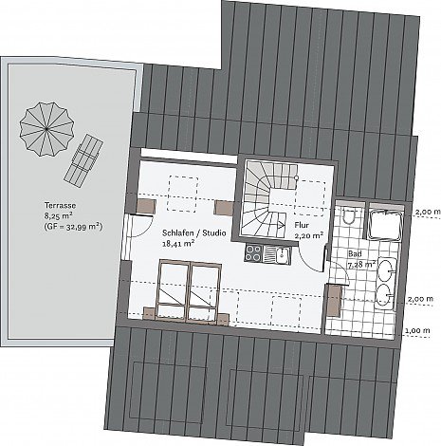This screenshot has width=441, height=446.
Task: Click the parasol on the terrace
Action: pos(46,129)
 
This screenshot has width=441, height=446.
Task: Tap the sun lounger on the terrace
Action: pos(83,160)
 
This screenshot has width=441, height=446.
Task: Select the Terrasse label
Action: pos(60,205)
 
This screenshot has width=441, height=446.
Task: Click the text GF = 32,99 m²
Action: pos(73,227)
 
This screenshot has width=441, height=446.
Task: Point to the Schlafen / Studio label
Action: pos(194,233)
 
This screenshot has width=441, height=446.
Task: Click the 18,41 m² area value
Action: pos(178,244)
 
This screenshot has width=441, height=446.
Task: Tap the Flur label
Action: pos(302,225)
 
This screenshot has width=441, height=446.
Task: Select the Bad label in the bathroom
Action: pos(355,253)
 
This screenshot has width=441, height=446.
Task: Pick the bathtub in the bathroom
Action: pos(386,223)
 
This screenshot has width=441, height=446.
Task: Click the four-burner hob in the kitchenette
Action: pos(254,253)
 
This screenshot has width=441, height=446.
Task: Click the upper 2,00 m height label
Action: pos(428,212)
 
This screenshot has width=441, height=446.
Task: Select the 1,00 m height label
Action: pos(417,330)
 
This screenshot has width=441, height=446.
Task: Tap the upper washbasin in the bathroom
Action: pos(387,270)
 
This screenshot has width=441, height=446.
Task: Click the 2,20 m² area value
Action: pos(309,235)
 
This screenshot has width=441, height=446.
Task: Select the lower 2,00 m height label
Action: pos(420,299)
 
